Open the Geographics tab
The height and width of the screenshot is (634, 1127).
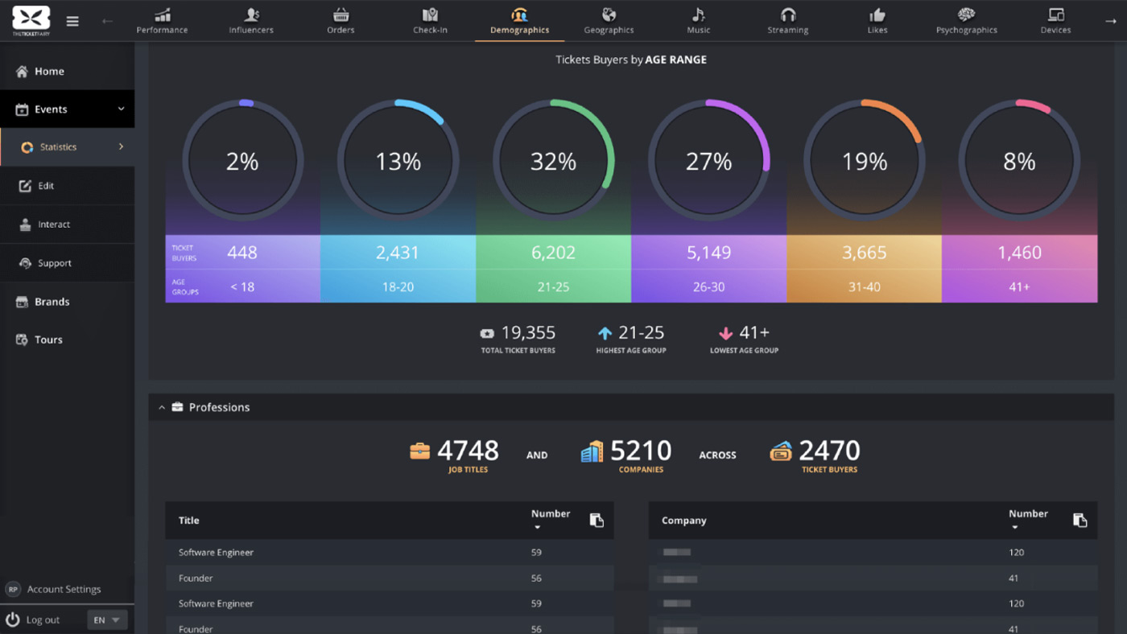(609, 21)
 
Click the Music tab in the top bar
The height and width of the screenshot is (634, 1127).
(698, 21)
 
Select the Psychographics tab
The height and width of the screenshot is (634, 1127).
(966, 21)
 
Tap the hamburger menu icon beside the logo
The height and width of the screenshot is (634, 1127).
(72, 22)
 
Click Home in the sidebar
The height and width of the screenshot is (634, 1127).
(49, 72)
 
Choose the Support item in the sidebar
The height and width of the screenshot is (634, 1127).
(54, 263)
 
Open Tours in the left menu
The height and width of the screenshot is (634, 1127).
(48, 340)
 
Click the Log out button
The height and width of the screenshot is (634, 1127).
(43, 620)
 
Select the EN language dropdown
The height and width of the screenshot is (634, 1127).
(106, 620)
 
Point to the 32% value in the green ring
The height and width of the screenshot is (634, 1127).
(553, 163)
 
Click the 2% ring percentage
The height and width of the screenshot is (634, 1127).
(242, 163)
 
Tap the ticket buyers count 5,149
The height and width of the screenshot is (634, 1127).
(708, 253)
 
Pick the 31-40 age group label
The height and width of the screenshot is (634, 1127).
(864, 287)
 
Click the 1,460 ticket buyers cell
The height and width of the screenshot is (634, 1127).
(1019, 253)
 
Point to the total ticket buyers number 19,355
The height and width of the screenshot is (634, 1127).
(528, 333)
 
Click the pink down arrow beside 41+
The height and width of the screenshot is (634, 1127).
(725, 333)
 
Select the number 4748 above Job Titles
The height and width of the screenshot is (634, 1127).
(468, 451)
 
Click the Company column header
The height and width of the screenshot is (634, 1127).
(684, 521)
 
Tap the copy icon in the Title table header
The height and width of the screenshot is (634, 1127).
(597, 521)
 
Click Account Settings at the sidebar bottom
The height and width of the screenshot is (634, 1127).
(64, 589)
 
